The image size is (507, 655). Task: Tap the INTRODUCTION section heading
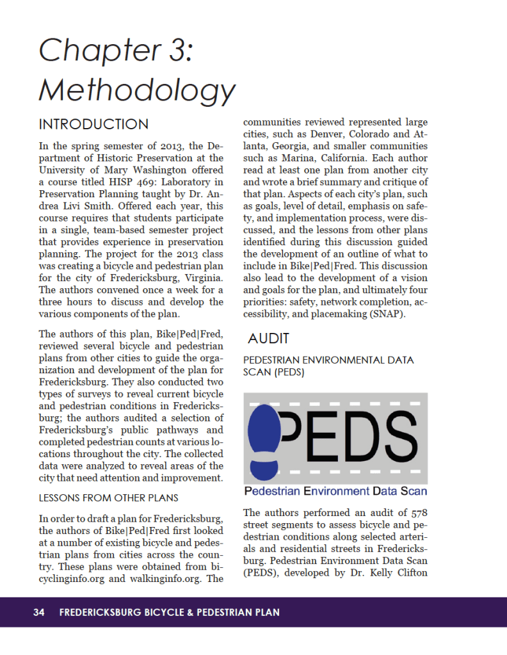click(93, 124)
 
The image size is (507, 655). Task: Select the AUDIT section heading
click(269, 338)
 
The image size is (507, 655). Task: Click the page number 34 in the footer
click(39, 613)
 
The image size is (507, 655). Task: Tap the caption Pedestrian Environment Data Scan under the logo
click(335, 492)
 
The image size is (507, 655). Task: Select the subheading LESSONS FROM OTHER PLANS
click(108, 497)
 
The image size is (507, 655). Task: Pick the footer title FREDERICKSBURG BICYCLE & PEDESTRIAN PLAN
click(169, 613)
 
